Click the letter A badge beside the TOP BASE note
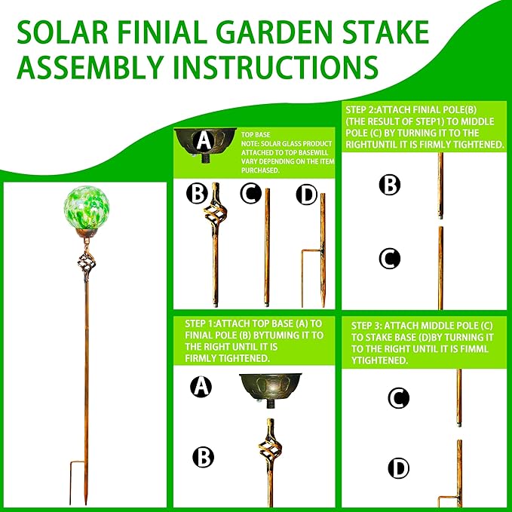(x=202, y=140)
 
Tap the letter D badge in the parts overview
(x=306, y=195)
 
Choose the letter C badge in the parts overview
(x=251, y=195)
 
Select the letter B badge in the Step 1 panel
(x=202, y=456)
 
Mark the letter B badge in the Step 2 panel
(x=389, y=184)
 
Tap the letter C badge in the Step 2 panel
(x=389, y=259)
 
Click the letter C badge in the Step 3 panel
(x=397, y=397)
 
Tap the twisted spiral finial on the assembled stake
(x=84, y=268)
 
